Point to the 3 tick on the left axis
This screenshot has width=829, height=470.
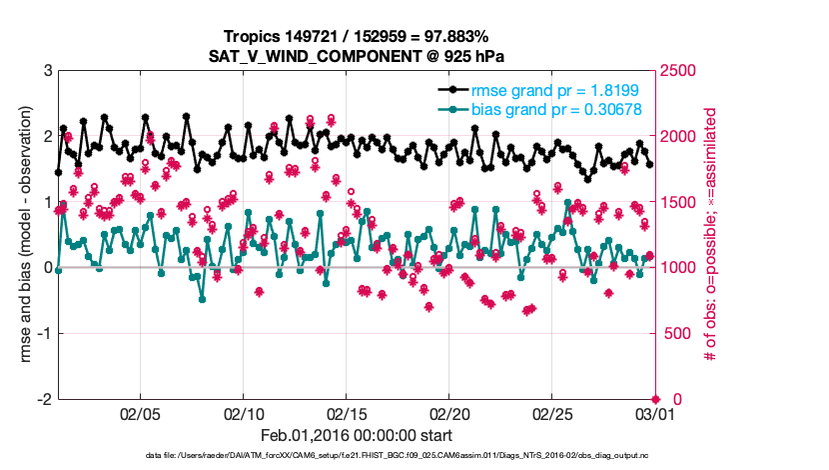(x=47, y=71)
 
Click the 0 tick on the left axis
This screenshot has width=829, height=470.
(x=47, y=268)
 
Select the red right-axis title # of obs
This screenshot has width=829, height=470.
(x=712, y=235)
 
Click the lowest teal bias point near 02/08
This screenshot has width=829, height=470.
(x=202, y=299)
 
